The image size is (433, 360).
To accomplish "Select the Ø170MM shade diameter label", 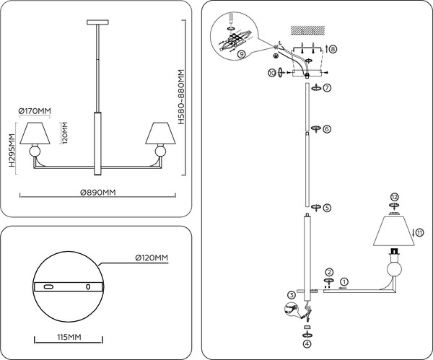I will coord(35,110).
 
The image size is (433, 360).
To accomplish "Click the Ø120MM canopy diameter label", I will coord(152,257).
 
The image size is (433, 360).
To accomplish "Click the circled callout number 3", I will coord(290,294).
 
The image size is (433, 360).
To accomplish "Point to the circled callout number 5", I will coord(327,208).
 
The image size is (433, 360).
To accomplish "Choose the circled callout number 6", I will coord(327,129).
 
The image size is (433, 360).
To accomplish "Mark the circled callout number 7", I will coord(327,88).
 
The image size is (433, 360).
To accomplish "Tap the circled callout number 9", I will coord(240,53).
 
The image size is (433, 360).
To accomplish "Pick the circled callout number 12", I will coord(394,196).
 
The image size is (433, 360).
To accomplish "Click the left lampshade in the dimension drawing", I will coord(35,133).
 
